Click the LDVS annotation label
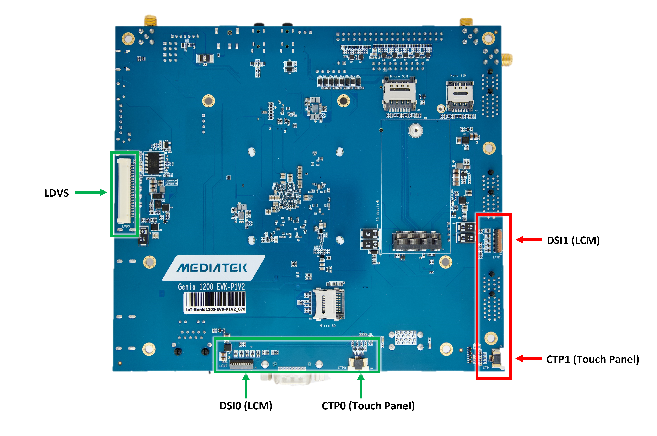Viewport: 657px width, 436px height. click(56, 193)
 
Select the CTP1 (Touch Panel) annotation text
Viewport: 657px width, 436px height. click(592, 359)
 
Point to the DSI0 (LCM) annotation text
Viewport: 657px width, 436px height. click(246, 406)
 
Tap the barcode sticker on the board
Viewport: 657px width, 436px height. click(215, 302)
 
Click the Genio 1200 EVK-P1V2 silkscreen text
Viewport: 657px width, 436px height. click(211, 287)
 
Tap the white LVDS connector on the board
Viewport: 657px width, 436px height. click(124, 191)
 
